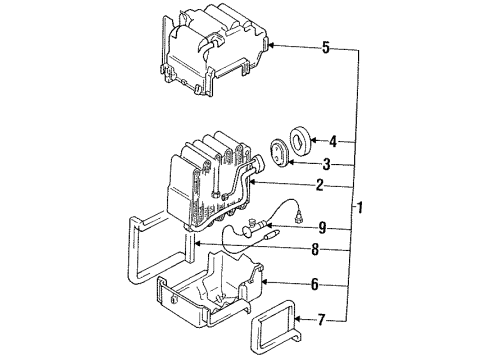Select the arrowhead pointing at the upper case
272,46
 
